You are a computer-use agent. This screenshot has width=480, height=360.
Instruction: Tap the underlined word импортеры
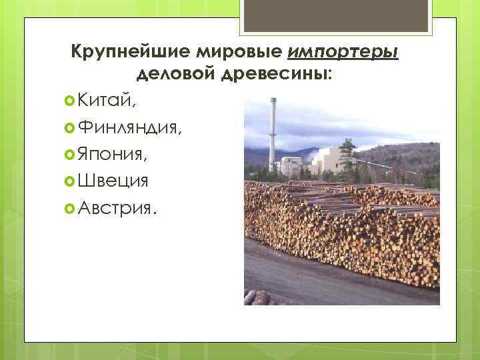coord(344,52)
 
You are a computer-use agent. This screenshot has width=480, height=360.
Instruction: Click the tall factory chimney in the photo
coord(272,133)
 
